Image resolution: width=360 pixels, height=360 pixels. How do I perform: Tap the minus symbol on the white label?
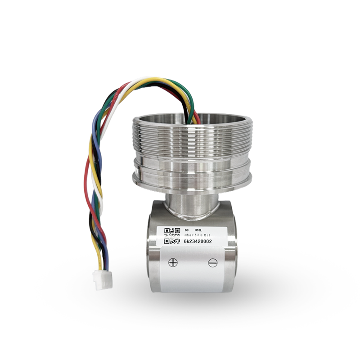pyautogui.click(x=213, y=263)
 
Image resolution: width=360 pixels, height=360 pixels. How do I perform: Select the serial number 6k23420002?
pyautogui.click(x=198, y=242)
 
